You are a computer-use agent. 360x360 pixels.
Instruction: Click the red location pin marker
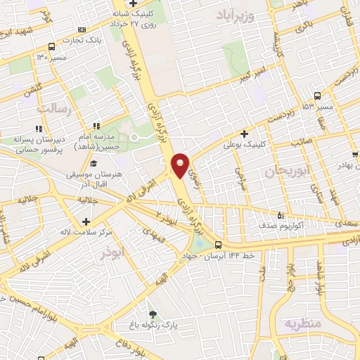coord(180,165)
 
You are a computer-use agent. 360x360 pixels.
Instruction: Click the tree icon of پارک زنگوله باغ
coord(153,314)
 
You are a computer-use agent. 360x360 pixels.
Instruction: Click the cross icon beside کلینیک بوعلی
coord(244,133)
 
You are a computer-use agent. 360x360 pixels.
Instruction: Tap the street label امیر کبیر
coord(252,74)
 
